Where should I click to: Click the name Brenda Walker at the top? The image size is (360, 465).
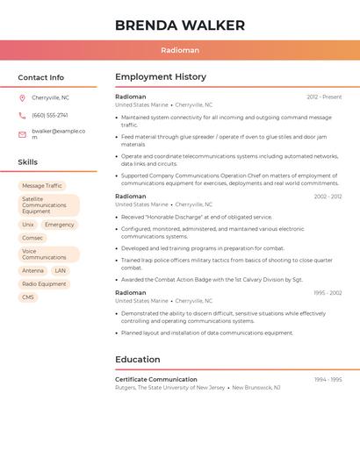[x=180, y=25]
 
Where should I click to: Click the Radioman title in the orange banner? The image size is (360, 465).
[x=180, y=50]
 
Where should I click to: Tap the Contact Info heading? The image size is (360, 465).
[x=41, y=77]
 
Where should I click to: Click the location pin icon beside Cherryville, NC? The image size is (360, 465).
[x=22, y=97]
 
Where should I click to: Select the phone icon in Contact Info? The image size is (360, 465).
[x=22, y=115]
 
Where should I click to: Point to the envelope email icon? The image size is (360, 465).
[x=22, y=134]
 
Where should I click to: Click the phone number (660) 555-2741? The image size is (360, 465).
[x=50, y=115]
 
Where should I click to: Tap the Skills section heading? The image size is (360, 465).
[x=28, y=162]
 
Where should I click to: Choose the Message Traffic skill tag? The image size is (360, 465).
[x=42, y=186]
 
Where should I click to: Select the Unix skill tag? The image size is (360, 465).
[x=28, y=225]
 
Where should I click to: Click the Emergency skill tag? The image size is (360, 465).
[x=60, y=225]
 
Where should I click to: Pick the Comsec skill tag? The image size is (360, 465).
[x=32, y=238]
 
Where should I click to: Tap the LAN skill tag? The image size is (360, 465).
[x=60, y=270]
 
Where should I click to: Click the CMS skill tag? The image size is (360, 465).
[x=28, y=297]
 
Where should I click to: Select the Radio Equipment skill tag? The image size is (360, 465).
[x=44, y=284]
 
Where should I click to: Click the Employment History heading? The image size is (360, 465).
[x=161, y=77]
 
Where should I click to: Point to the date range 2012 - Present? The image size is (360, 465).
[x=324, y=97]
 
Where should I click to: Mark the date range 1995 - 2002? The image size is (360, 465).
[x=327, y=293]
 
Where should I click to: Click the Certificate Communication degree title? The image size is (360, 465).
[x=156, y=380]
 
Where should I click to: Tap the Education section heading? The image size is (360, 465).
[x=138, y=360]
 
